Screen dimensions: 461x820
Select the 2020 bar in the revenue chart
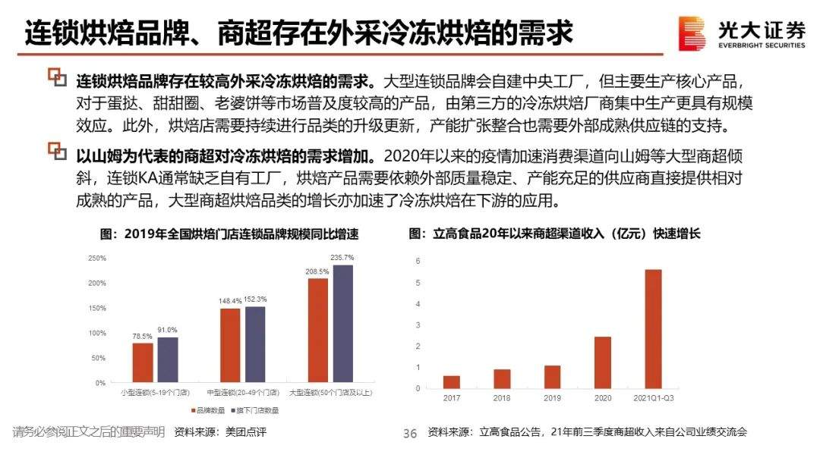pos(603,362)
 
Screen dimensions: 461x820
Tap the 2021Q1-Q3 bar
pos(653,329)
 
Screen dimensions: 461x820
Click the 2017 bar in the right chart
pos(452,381)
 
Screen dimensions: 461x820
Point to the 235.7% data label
pos(342,258)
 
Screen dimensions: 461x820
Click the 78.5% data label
pos(142,336)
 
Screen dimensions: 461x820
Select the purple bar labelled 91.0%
pos(167,360)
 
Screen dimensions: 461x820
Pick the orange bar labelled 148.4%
pos(230,346)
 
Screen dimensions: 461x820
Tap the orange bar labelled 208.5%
pos(318,331)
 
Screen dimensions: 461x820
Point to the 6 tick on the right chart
pos(418,261)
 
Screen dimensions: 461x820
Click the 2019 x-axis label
pos(552,397)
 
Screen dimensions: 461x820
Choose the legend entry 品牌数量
pos(206,410)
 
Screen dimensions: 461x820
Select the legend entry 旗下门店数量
pos(255,410)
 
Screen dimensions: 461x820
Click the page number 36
pos(410,434)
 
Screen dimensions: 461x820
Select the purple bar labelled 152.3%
pos(255,344)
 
